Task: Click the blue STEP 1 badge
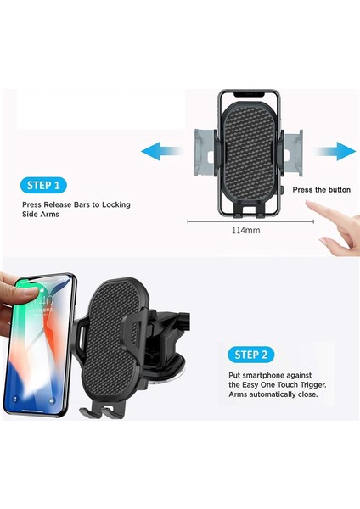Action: pos(45,184)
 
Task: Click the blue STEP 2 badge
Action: pos(251,354)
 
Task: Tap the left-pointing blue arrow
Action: pos(162,152)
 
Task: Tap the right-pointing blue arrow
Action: pos(334,152)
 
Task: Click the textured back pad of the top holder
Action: pos(250,153)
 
